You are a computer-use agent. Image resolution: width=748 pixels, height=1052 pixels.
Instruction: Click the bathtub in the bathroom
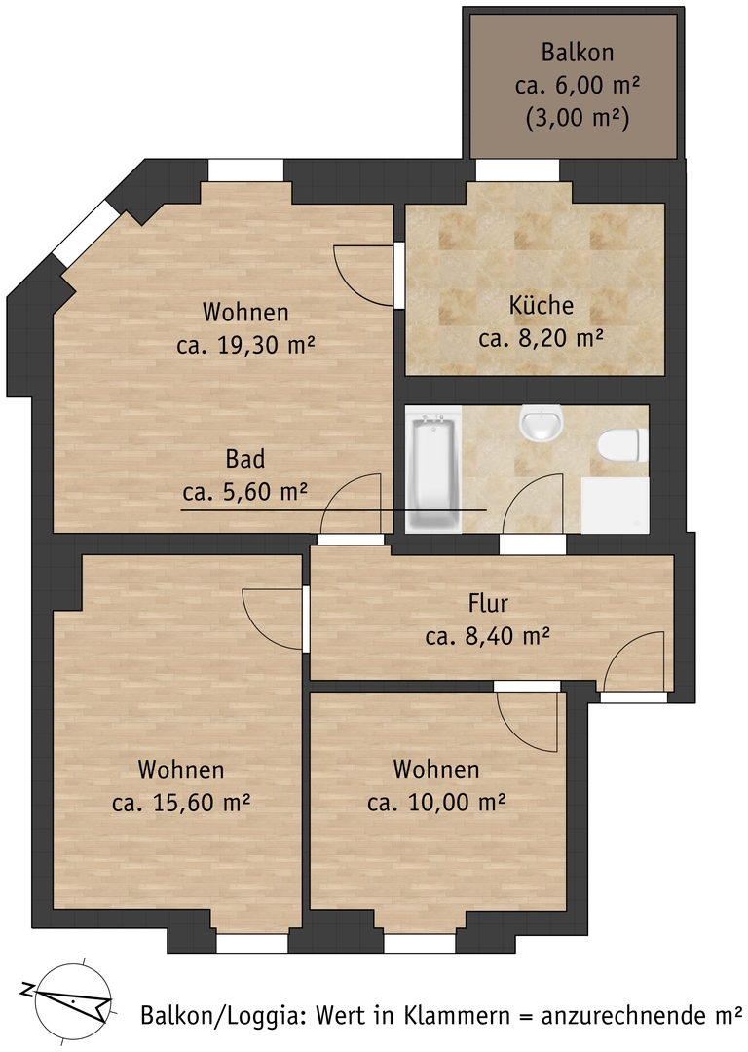coord(433,472)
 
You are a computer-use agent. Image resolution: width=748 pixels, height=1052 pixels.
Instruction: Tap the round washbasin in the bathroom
coord(540,423)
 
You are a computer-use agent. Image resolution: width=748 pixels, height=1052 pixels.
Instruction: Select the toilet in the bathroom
coord(622,445)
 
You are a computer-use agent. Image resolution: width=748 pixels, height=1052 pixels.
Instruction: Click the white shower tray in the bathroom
coord(616,506)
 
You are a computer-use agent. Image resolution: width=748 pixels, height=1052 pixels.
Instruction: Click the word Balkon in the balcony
coord(578,53)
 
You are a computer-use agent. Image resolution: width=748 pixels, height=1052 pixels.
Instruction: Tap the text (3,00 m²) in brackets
coord(578,120)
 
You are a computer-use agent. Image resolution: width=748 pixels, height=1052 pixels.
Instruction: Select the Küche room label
coord(542,305)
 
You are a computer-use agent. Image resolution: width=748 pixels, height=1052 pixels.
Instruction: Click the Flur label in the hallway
coord(488,603)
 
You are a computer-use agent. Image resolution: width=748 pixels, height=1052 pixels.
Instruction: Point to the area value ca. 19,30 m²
coord(246,345)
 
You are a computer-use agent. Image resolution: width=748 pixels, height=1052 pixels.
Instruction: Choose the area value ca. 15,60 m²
coord(181,803)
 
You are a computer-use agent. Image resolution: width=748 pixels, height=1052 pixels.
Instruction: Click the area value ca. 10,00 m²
coord(436,802)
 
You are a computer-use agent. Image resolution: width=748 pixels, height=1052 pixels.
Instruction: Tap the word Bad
coord(244,459)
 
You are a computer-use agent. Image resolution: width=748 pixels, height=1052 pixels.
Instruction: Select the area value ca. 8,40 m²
coord(488,635)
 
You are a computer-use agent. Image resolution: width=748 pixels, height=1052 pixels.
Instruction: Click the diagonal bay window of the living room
coord(86,232)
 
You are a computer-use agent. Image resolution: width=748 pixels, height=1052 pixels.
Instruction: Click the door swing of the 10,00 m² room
coord(527,721)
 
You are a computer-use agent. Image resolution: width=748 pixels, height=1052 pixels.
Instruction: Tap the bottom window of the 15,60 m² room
coord(252,943)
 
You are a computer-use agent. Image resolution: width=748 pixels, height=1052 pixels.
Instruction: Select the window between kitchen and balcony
coord(517,169)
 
